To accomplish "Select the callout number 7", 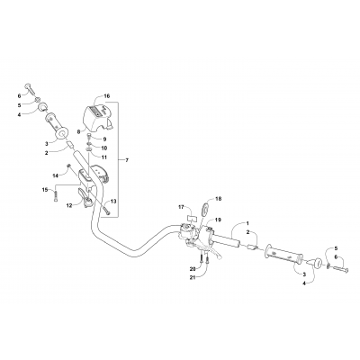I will (x=127, y=160).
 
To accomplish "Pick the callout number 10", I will (x=104, y=148).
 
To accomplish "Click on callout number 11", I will (x=104, y=157).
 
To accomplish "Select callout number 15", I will (x=42, y=189).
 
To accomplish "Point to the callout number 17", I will (x=180, y=206).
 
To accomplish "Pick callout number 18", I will (x=217, y=198).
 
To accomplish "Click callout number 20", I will (x=191, y=268).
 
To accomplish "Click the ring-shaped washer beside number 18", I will (x=205, y=211).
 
